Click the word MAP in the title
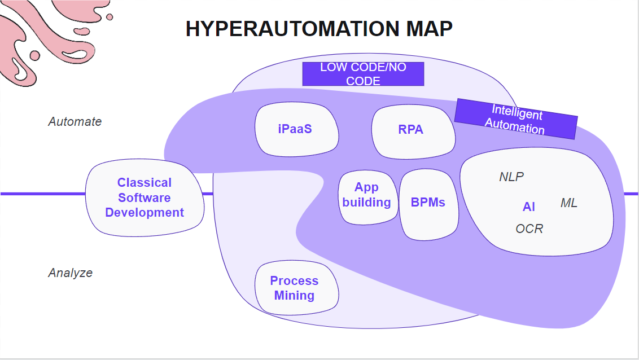tap(429, 29)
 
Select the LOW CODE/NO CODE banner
tap(363, 74)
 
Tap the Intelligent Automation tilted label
tap(516, 119)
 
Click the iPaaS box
tap(296, 129)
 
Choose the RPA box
tap(413, 131)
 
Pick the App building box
tap(367, 197)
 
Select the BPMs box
tap(428, 204)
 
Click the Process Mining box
tap(296, 288)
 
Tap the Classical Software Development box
tap(145, 197)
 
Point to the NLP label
tap(511, 177)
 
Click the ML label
tap(569, 203)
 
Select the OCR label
tap(529, 229)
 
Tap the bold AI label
tap(528, 207)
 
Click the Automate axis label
tap(75, 121)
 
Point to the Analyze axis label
tap(71, 273)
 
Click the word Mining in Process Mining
tap(294, 295)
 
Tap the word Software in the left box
tap(145, 197)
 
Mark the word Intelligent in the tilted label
tap(517, 112)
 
